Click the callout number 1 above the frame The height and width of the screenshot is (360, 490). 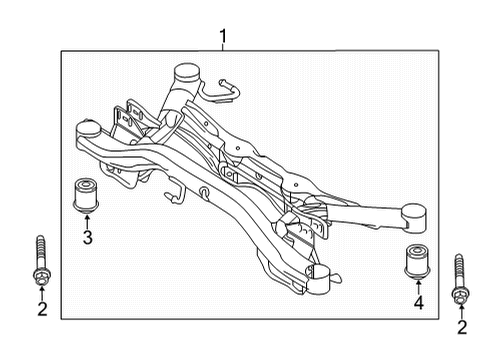point(223,36)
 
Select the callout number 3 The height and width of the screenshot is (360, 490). point(88,238)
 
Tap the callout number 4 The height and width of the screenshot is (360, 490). point(419,303)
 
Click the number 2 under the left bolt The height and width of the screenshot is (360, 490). point(42,309)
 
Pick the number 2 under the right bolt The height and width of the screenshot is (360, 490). point(462,327)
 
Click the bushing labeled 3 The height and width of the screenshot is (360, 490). point(85,196)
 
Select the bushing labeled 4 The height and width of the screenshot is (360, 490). point(418,262)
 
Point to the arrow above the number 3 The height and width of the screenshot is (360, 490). point(87,222)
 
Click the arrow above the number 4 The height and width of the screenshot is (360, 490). point(418,288)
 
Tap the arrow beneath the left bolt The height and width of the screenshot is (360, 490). point(42,294)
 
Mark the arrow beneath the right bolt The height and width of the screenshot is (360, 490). point(462,312)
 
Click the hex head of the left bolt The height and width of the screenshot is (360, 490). point(41,278)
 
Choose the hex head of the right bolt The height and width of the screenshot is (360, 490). point(460,296)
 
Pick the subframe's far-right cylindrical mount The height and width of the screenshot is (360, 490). point(414,217)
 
